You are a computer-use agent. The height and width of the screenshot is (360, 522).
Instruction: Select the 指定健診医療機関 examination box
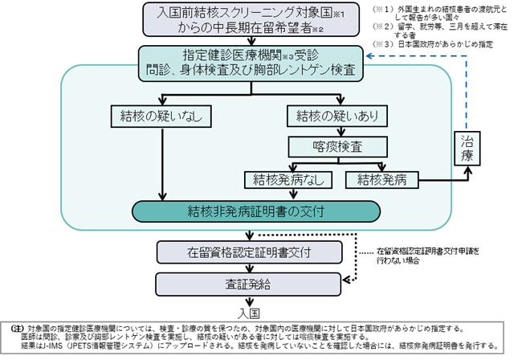pyautogui.click(x=246, y=62)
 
